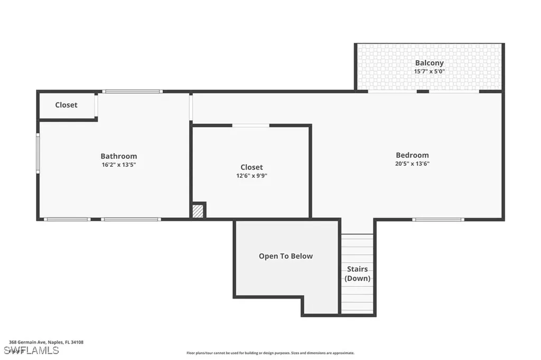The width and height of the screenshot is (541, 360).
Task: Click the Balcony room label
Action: pyautogui.click(x=429, y=63)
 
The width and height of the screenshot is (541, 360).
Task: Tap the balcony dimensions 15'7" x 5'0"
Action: pyautogui.click(x=429, y=71)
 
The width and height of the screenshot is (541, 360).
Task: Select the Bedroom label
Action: pyautogui.click(x=412, y=155)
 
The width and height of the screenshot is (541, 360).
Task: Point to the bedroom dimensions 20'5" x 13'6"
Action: pyautogui.click(x=412, y=164)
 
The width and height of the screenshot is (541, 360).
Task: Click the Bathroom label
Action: pyautogui.click(x=119, y=156)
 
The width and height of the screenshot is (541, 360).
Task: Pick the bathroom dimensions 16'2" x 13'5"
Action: pyautogui.click(x=119, y=165)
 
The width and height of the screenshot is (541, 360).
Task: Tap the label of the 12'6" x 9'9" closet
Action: pyautogui.click(x=251, y=167)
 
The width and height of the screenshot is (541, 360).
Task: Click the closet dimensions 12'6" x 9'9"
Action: pyautogui.click(x=251, y=176)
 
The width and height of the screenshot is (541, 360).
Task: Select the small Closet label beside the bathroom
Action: pyautogui.click(x=66, y=105)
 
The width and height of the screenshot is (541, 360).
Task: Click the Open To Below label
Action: pyautogui.click(x=286, y=256)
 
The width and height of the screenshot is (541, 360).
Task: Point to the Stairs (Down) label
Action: pyautogui.click(x=358, y=273)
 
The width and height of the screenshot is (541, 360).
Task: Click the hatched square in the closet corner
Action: pyautogui.click(x=198, y=211)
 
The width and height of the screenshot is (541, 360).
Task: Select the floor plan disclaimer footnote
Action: pyautogui.click(x=270, y=353)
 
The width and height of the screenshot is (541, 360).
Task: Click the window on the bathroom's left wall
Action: pyautogui.click(x=38, y=153)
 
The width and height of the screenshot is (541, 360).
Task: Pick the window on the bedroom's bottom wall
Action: pyautogui.click(x=438, y=219)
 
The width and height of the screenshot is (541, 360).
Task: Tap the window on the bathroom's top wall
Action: pyautogui.click(x=132, y=92)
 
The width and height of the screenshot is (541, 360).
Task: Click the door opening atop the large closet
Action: pyautogui.click(x=250, y=126)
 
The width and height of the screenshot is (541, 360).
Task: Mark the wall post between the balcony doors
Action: pyautogui.click(x=423, y=91)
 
